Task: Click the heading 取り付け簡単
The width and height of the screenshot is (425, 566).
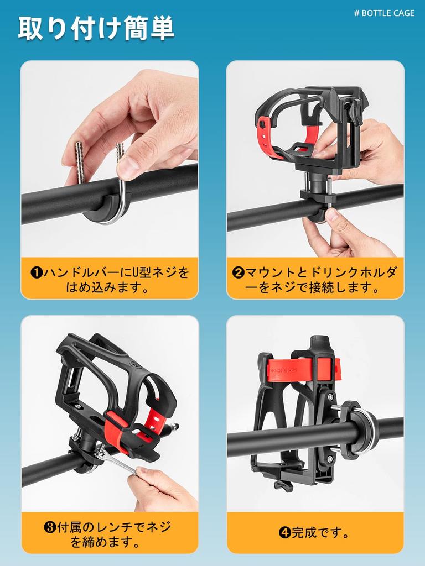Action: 96,29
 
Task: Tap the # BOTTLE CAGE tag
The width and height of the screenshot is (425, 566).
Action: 384,13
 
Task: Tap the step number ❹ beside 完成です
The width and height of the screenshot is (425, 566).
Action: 284,533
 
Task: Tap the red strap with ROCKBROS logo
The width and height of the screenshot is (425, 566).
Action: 304,366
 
